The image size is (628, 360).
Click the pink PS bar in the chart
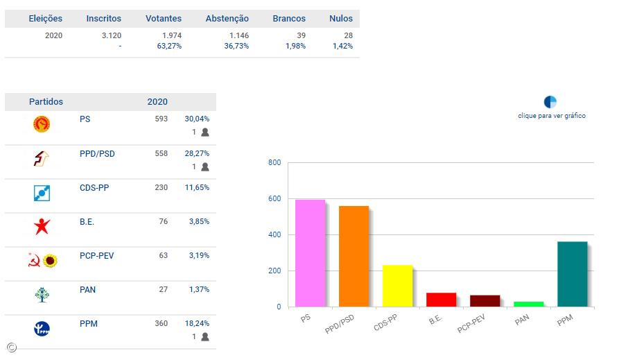coord(310,253)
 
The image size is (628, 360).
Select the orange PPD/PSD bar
coord(354,256)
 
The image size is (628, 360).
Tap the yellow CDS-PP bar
coord(397,286)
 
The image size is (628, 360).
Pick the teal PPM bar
coord(572,274)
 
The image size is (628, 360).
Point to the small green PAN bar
coord(528,304)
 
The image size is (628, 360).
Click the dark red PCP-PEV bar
coord(485,301)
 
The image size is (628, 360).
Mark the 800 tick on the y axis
coord(274,163)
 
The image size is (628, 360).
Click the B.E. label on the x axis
coord(435,320)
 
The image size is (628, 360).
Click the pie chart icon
coord(550,102)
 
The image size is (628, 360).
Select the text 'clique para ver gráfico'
coord(552,116)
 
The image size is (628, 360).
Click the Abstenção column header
coord(227,19)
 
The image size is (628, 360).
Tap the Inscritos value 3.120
coord(112,35)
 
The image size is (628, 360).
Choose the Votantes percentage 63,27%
coord(169,46)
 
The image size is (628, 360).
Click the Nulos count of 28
coord(347,35)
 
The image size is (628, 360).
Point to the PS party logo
coord(42,124)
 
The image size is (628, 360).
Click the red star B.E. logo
coord(42,226)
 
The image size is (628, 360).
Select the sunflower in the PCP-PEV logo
coord(49,261)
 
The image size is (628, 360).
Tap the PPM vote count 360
coord(161,323)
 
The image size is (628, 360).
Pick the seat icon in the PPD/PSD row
coord(204,166)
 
